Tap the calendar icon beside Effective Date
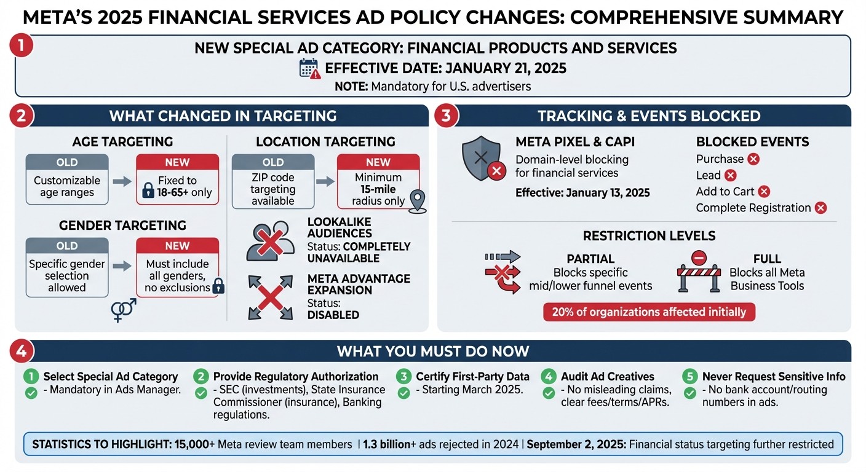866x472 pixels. pyautogui.click(x=309, y=68)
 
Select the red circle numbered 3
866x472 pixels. pyautogui.click(x=446, y=115)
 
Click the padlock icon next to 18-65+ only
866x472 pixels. pyautogui.click(x=148, y=192)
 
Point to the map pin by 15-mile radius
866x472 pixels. pyautogui.click(x=418, y=202)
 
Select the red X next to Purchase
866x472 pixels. pyautogui.click(x=753, y=159)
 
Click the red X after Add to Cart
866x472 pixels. pyautogui.click(x=764, y=192)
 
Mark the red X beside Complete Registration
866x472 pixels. pyautogui.click(x=820, y=208)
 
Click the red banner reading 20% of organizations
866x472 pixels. pyautogui.click(x=648, y=312)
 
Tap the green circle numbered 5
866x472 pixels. pyautogui.click(x=691, y=377)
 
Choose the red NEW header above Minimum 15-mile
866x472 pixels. pyautogui.click(x=378, y=162)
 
